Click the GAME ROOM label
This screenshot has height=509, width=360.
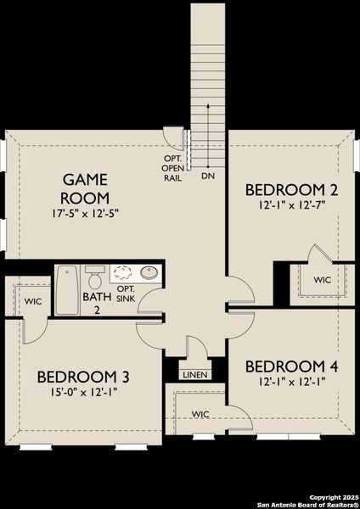(86, 187)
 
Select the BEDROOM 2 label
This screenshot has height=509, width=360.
(285, 188)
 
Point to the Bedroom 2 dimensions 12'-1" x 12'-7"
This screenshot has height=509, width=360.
(286, 204)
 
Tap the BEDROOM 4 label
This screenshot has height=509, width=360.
(292, 366)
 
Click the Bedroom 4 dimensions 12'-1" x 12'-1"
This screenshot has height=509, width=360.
(292, 382)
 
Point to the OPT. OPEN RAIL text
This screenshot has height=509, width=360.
(173, 168)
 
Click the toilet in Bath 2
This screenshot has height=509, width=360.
(95, 277)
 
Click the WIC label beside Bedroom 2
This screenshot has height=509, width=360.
(322, 279)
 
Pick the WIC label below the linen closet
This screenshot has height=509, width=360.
(200, 414)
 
